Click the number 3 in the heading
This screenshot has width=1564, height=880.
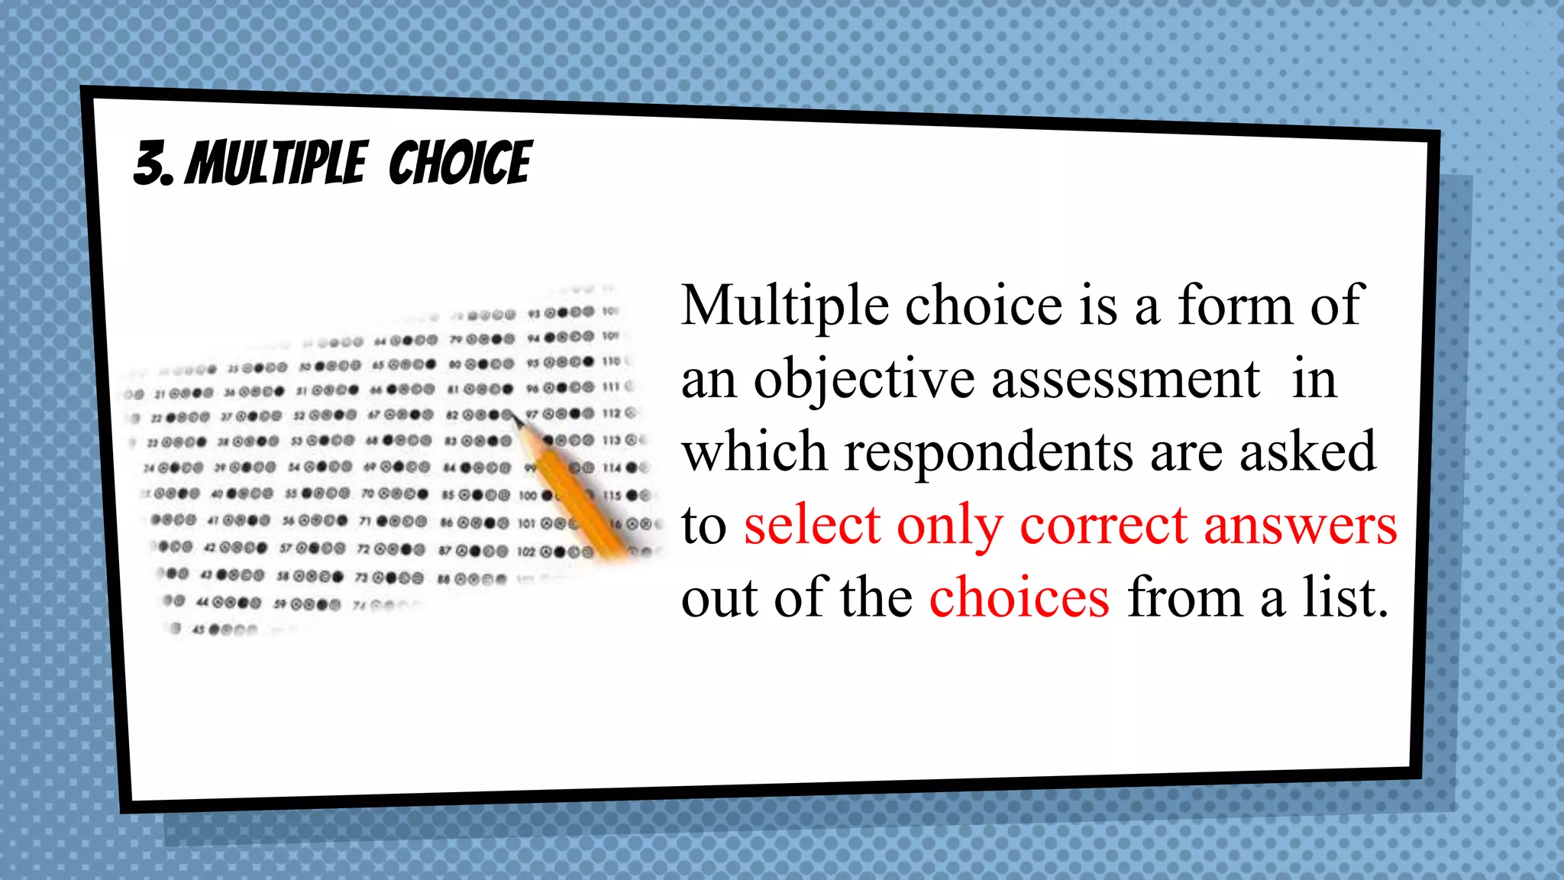tap(150, 163)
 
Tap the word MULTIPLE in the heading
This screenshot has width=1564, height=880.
tap(276, 163)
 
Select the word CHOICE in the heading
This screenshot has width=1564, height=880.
tap(460, 163)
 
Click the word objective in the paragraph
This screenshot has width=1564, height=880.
tap(864, 380)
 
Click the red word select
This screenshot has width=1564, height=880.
tap(812, 525)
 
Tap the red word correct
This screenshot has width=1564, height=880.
tap(1104, 525)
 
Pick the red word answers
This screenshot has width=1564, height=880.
tap(1300, 525)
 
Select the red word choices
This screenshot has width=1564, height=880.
tap(1019, 598)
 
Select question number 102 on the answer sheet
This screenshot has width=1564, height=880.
tap(526, 552)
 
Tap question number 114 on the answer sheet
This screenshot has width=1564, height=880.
tap(612, 467)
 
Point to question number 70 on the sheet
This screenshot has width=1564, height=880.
tap(367, 494)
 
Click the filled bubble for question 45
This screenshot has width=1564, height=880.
tap(214, 630)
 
